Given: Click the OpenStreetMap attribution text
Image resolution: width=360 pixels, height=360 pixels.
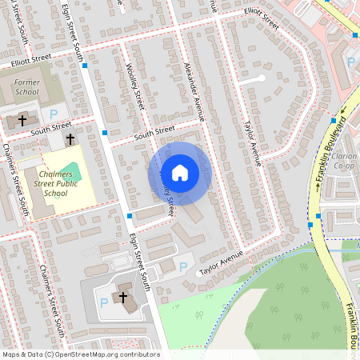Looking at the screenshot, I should pyautogui.click(x=81, y=354).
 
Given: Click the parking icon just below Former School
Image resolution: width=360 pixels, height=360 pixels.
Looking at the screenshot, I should pyautogui.click(x=54, y=115).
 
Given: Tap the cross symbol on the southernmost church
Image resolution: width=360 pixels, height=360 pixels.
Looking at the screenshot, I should pyautogui.click(x=123, y=298).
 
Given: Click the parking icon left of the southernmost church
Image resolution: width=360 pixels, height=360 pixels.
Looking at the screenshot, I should pyautogui.click(x=104, y=303).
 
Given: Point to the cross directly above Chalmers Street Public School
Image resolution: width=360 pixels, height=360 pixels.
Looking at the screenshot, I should pyautogui.click(x=70, y=139).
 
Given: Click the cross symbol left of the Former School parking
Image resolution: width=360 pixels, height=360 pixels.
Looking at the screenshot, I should pyautogui.click(x=22, y=119).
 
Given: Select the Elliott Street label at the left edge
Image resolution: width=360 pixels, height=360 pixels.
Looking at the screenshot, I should pyautogui.click(x=31, y=60).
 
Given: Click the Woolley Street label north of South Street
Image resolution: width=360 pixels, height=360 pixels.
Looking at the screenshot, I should pyautogui.click(x=134, y=86).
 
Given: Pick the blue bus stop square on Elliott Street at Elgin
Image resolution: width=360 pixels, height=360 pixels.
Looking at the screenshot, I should pyautogui.click(x=84, y=66).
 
